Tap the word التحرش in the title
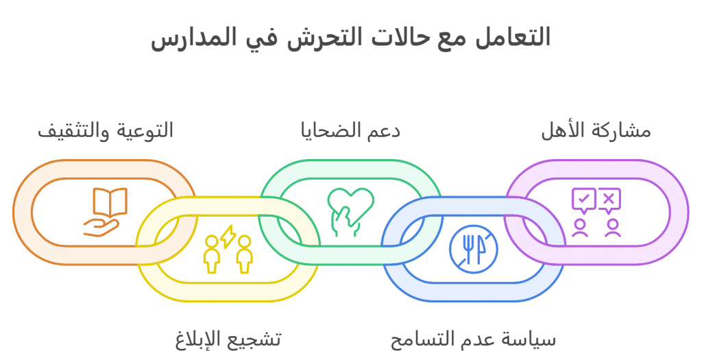[316, 38]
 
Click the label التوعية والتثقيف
[106, 131]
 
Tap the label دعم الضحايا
[350, 131]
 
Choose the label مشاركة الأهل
[596, 131]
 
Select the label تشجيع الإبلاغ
[228, 339]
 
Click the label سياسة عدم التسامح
[473, 339]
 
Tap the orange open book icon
[110, 202]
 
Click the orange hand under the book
[101, 228]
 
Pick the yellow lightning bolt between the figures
[228, 237]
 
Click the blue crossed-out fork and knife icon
[474, 249]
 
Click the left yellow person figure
[211, 254]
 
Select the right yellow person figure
[245, 254]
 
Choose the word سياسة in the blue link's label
[531, 339]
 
